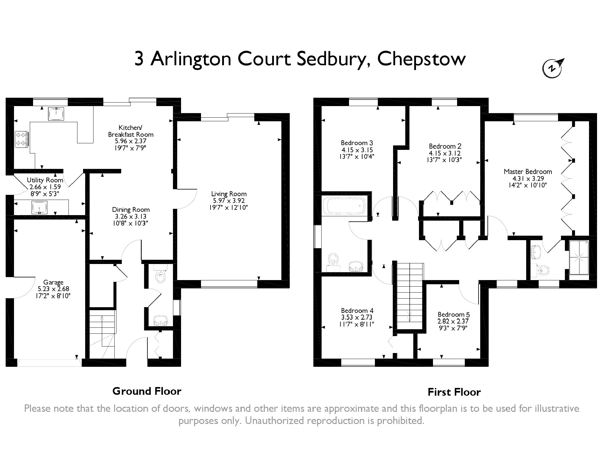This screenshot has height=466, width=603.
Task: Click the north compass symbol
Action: [x=553, y=69]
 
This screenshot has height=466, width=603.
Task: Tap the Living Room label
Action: [x=229, y=194]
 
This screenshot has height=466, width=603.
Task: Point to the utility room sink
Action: [x=39, y=207]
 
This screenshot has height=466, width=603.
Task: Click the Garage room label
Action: [x=53, y=282]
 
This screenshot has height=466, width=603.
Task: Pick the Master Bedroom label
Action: [x=528, y=172]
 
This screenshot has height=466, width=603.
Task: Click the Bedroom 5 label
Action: [x=454, y=315]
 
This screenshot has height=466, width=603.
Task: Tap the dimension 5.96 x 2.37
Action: [x=131, y=141]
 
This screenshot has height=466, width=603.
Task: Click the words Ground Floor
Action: [x=147, y=391]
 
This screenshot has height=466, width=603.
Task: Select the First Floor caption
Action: [x=454, y=392]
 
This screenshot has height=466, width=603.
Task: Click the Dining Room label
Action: [x=131, y=210]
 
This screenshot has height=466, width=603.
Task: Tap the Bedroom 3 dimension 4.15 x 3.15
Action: [x=357, y=150]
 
